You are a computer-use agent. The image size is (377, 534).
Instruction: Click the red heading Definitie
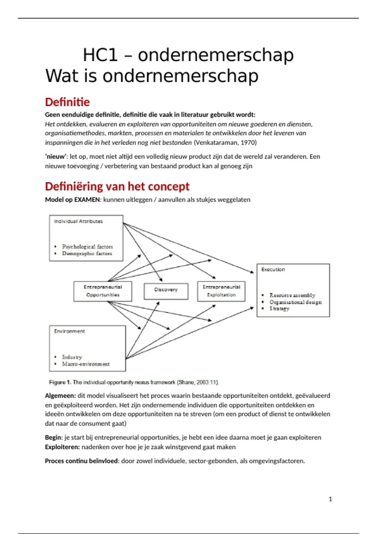(67, 102)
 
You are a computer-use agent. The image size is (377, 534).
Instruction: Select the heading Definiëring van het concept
(117, 187)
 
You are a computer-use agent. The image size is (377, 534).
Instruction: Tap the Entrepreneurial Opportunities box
(103, 291)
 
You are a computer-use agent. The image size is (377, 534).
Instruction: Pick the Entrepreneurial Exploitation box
(221, 291)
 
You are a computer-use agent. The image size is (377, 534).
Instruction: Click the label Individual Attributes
(78, 221)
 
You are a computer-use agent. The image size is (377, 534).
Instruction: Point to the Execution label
(273, 270)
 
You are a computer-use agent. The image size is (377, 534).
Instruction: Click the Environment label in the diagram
(69, 331)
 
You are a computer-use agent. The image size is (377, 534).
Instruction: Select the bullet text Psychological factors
(87, 247)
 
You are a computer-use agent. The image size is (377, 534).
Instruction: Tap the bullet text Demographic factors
(87, 253)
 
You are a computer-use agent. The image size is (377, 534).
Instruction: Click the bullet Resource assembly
(292, 295)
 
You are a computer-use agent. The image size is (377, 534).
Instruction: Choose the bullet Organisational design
(295, 302)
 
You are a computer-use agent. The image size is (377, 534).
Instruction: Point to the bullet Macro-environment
(86, 364)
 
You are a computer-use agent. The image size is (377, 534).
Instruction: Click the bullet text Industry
(72, 357)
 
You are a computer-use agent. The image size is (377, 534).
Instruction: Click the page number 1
(330, 499)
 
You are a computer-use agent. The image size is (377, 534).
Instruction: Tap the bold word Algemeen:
(60, 396)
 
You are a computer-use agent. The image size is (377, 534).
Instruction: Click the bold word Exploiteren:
(62, 447)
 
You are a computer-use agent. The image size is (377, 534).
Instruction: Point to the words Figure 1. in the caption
(60, 382)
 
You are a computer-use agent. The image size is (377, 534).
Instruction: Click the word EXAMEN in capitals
(87, 200)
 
